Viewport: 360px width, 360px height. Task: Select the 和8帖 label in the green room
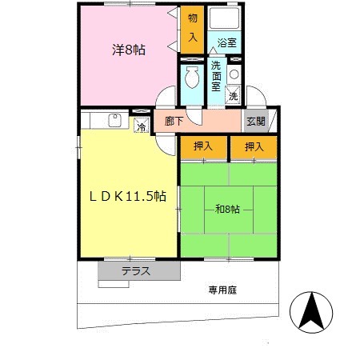(228, 210)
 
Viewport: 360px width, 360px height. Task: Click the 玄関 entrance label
(256, 122)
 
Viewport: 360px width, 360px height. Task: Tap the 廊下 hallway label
(175, 122)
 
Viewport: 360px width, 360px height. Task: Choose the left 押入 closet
(203, 147)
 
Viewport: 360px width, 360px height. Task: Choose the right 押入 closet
(254, 147)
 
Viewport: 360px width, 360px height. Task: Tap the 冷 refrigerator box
(141, 125)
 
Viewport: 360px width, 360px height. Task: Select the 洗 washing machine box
(233, 94)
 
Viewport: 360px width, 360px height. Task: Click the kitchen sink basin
(114, 122)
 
